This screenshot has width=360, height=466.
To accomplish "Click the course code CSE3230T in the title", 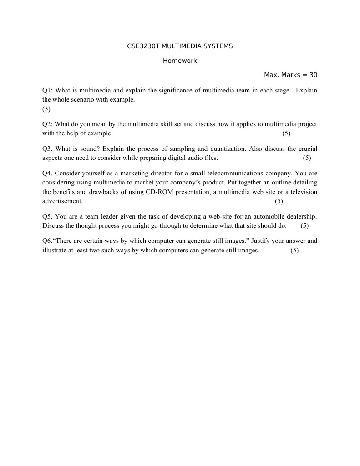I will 141,46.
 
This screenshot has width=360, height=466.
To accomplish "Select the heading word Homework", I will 180,61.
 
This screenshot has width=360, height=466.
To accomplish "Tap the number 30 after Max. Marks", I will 313,75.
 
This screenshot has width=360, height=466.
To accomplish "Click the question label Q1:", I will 48,90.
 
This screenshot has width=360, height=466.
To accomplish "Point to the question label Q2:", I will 48,124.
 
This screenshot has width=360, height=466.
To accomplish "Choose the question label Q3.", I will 48,149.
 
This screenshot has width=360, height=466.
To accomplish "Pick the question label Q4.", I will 48,173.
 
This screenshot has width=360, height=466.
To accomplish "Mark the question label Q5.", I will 48,216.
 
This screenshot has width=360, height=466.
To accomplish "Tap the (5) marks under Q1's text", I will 46,109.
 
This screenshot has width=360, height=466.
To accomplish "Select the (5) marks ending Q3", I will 307,158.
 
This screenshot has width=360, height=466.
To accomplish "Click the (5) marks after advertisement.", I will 279,201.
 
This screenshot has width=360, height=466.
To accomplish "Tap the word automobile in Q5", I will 266,216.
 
